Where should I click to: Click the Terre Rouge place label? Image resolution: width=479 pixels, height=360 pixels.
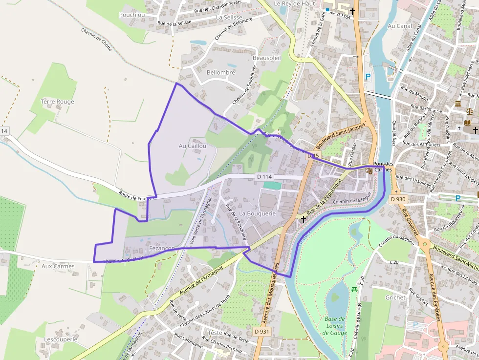[58, 102]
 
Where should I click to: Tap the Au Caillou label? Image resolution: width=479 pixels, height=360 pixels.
[193, 146]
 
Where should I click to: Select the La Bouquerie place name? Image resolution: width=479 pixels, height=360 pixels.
[258, 213]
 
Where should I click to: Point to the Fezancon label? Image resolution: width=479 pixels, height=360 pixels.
[162, 248]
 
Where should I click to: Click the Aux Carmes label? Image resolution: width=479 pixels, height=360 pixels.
[58, 266]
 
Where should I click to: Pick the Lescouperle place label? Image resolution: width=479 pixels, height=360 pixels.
[61, 339]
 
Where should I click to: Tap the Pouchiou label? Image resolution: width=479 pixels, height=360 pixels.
[132, 15]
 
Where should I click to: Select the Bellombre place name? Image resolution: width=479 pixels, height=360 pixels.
[221, 72]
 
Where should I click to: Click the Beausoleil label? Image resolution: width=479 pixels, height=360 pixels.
[267, 58]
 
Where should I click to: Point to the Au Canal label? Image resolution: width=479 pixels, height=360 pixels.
[399, 26]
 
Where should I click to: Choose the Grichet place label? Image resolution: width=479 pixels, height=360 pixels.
[395, 297]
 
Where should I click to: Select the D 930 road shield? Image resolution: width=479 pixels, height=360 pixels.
[398, 199]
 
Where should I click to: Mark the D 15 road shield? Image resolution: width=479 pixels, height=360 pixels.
[313, 156]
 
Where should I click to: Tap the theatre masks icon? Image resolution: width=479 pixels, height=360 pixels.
[370, 171]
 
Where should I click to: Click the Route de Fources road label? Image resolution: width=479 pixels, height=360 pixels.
[136, 195]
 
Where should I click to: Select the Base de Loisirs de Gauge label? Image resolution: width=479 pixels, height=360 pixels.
[335, 326]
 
